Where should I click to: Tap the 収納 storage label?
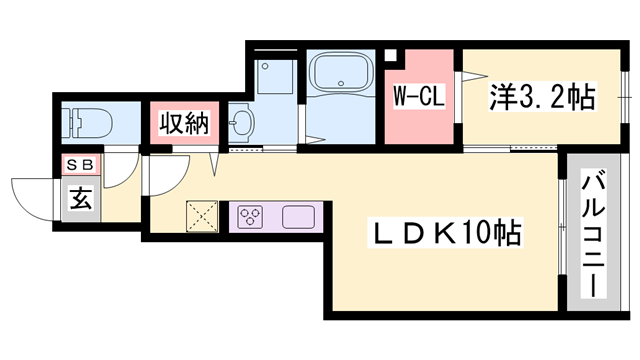pyautogui.click(x=183, y=124)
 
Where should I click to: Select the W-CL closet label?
pyautogui.click(x=418, y=98)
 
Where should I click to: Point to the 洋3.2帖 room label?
pyautogui.click(x=541, y=97)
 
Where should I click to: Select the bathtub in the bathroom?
pyautogui.click(x=341, y=75)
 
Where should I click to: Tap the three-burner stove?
pyautogui.click(x=251, y=216)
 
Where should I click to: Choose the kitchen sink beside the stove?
pyautogui.click(x=298, y=216)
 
